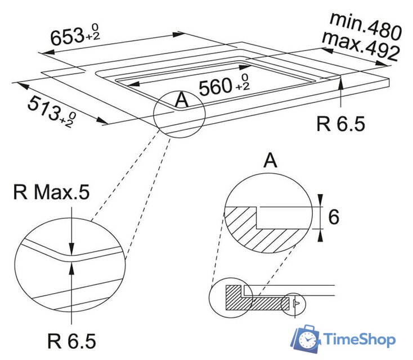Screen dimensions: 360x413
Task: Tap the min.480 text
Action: (x=366, y=25)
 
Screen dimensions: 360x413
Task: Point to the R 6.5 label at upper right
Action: (x=340, y=123)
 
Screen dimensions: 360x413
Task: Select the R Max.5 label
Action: (x=51, y=193)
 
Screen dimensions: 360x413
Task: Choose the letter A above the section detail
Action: (x=271, y=161)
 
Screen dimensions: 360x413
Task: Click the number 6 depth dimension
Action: (x=334, y=217)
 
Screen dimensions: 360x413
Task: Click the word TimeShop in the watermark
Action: (x=360, y=339)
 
